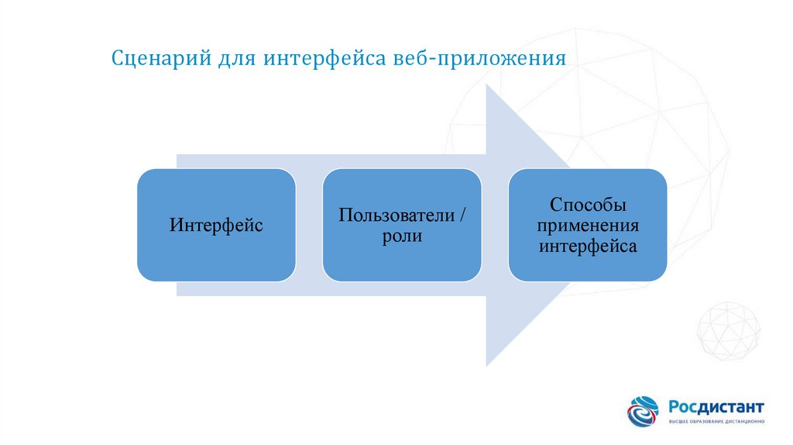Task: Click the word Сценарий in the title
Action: pyautogui.click(x=156, y=59)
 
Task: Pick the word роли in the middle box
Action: pyautogui.click(x=402, y=236)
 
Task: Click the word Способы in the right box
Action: pyautogui.click(x=588, y=205)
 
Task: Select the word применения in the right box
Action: pyautogui.click(x=588, y=226)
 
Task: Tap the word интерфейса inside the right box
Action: pyautogui.click(x=588, y=247)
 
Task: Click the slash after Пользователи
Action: pyautogui.click(x=463, y=215)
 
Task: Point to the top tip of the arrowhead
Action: pyautogui.click(x=487, y=87)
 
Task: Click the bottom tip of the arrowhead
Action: pyautogui.click(x=487, y=364)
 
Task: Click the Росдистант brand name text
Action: pyautogui.click(x=716, y=406)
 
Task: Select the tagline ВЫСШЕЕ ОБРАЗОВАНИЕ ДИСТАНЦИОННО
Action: pyautogui.click(x=716, y=421)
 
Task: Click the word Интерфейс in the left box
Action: pyautogui.click(x=216, y=226)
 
